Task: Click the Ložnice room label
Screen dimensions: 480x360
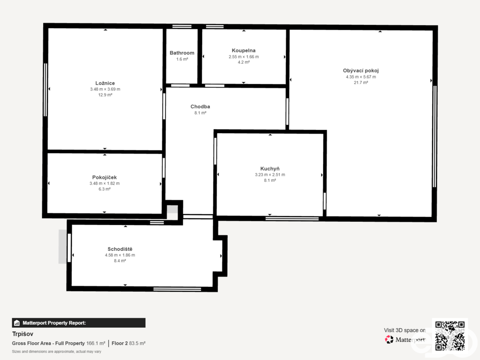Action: tap(105, 83)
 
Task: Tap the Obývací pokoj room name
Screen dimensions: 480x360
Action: tap(360, 71)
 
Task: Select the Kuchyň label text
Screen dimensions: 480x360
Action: tap(270, 169)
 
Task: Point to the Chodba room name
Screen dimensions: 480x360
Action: tap(200, 106)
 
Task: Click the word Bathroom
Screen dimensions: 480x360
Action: tap(182, 53)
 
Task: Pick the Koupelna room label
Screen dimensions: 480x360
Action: tap(243, 51)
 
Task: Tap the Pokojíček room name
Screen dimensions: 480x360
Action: tap(105, 177)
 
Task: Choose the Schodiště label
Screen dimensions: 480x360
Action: tap(120, 249)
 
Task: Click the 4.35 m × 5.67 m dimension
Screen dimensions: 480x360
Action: tap(360, 77)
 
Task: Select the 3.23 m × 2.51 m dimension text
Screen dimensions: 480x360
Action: tap(270, 175)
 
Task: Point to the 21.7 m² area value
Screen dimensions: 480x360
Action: tap(360, 82)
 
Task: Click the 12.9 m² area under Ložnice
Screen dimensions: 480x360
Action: tap(105, 95)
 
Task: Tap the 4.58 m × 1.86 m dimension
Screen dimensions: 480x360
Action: tap(120, 255)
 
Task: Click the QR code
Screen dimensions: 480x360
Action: tap(450, 336)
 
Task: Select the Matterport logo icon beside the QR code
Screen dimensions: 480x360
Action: tap(389, 339)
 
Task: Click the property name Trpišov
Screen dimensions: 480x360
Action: tap(22, 334)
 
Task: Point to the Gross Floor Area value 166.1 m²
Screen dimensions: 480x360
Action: tap(96, 344)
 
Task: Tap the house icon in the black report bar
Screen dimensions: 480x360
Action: tap(17, 323)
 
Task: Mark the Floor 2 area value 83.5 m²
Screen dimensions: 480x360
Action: tap(137, 344)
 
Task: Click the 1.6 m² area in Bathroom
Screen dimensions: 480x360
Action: tap(182, 59)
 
